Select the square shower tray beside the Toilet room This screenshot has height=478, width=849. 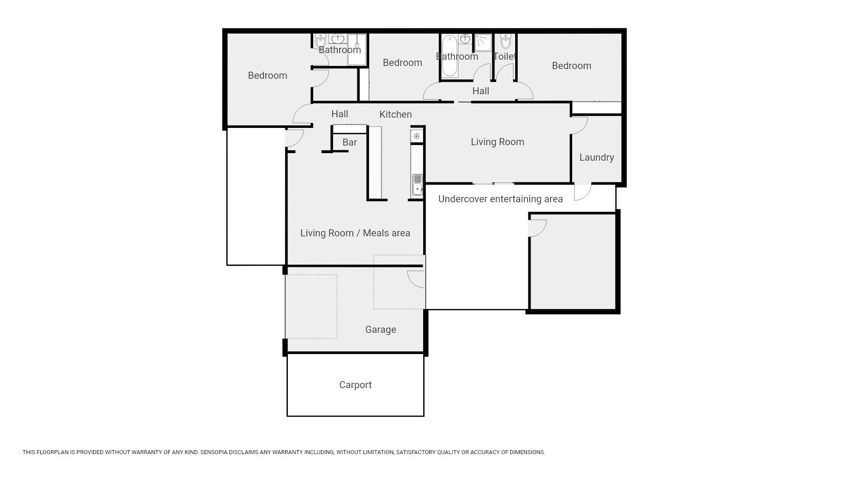point(483,42)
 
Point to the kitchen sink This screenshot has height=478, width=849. point(417,185)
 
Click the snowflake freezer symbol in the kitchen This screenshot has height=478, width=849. point(417,136)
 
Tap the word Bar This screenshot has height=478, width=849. point(349,143)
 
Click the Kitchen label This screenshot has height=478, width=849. point(395,115)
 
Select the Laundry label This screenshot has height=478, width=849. point(597,158)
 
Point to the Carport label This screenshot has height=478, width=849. point(355,385)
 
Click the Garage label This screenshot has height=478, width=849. point(380,330)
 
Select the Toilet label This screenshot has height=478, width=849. point(505,57)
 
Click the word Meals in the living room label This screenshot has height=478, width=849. point(375,233)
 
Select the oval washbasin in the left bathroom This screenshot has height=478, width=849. point(338,39)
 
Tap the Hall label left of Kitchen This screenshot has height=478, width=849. point(340,114)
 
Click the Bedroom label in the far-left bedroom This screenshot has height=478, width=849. point(268,76)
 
